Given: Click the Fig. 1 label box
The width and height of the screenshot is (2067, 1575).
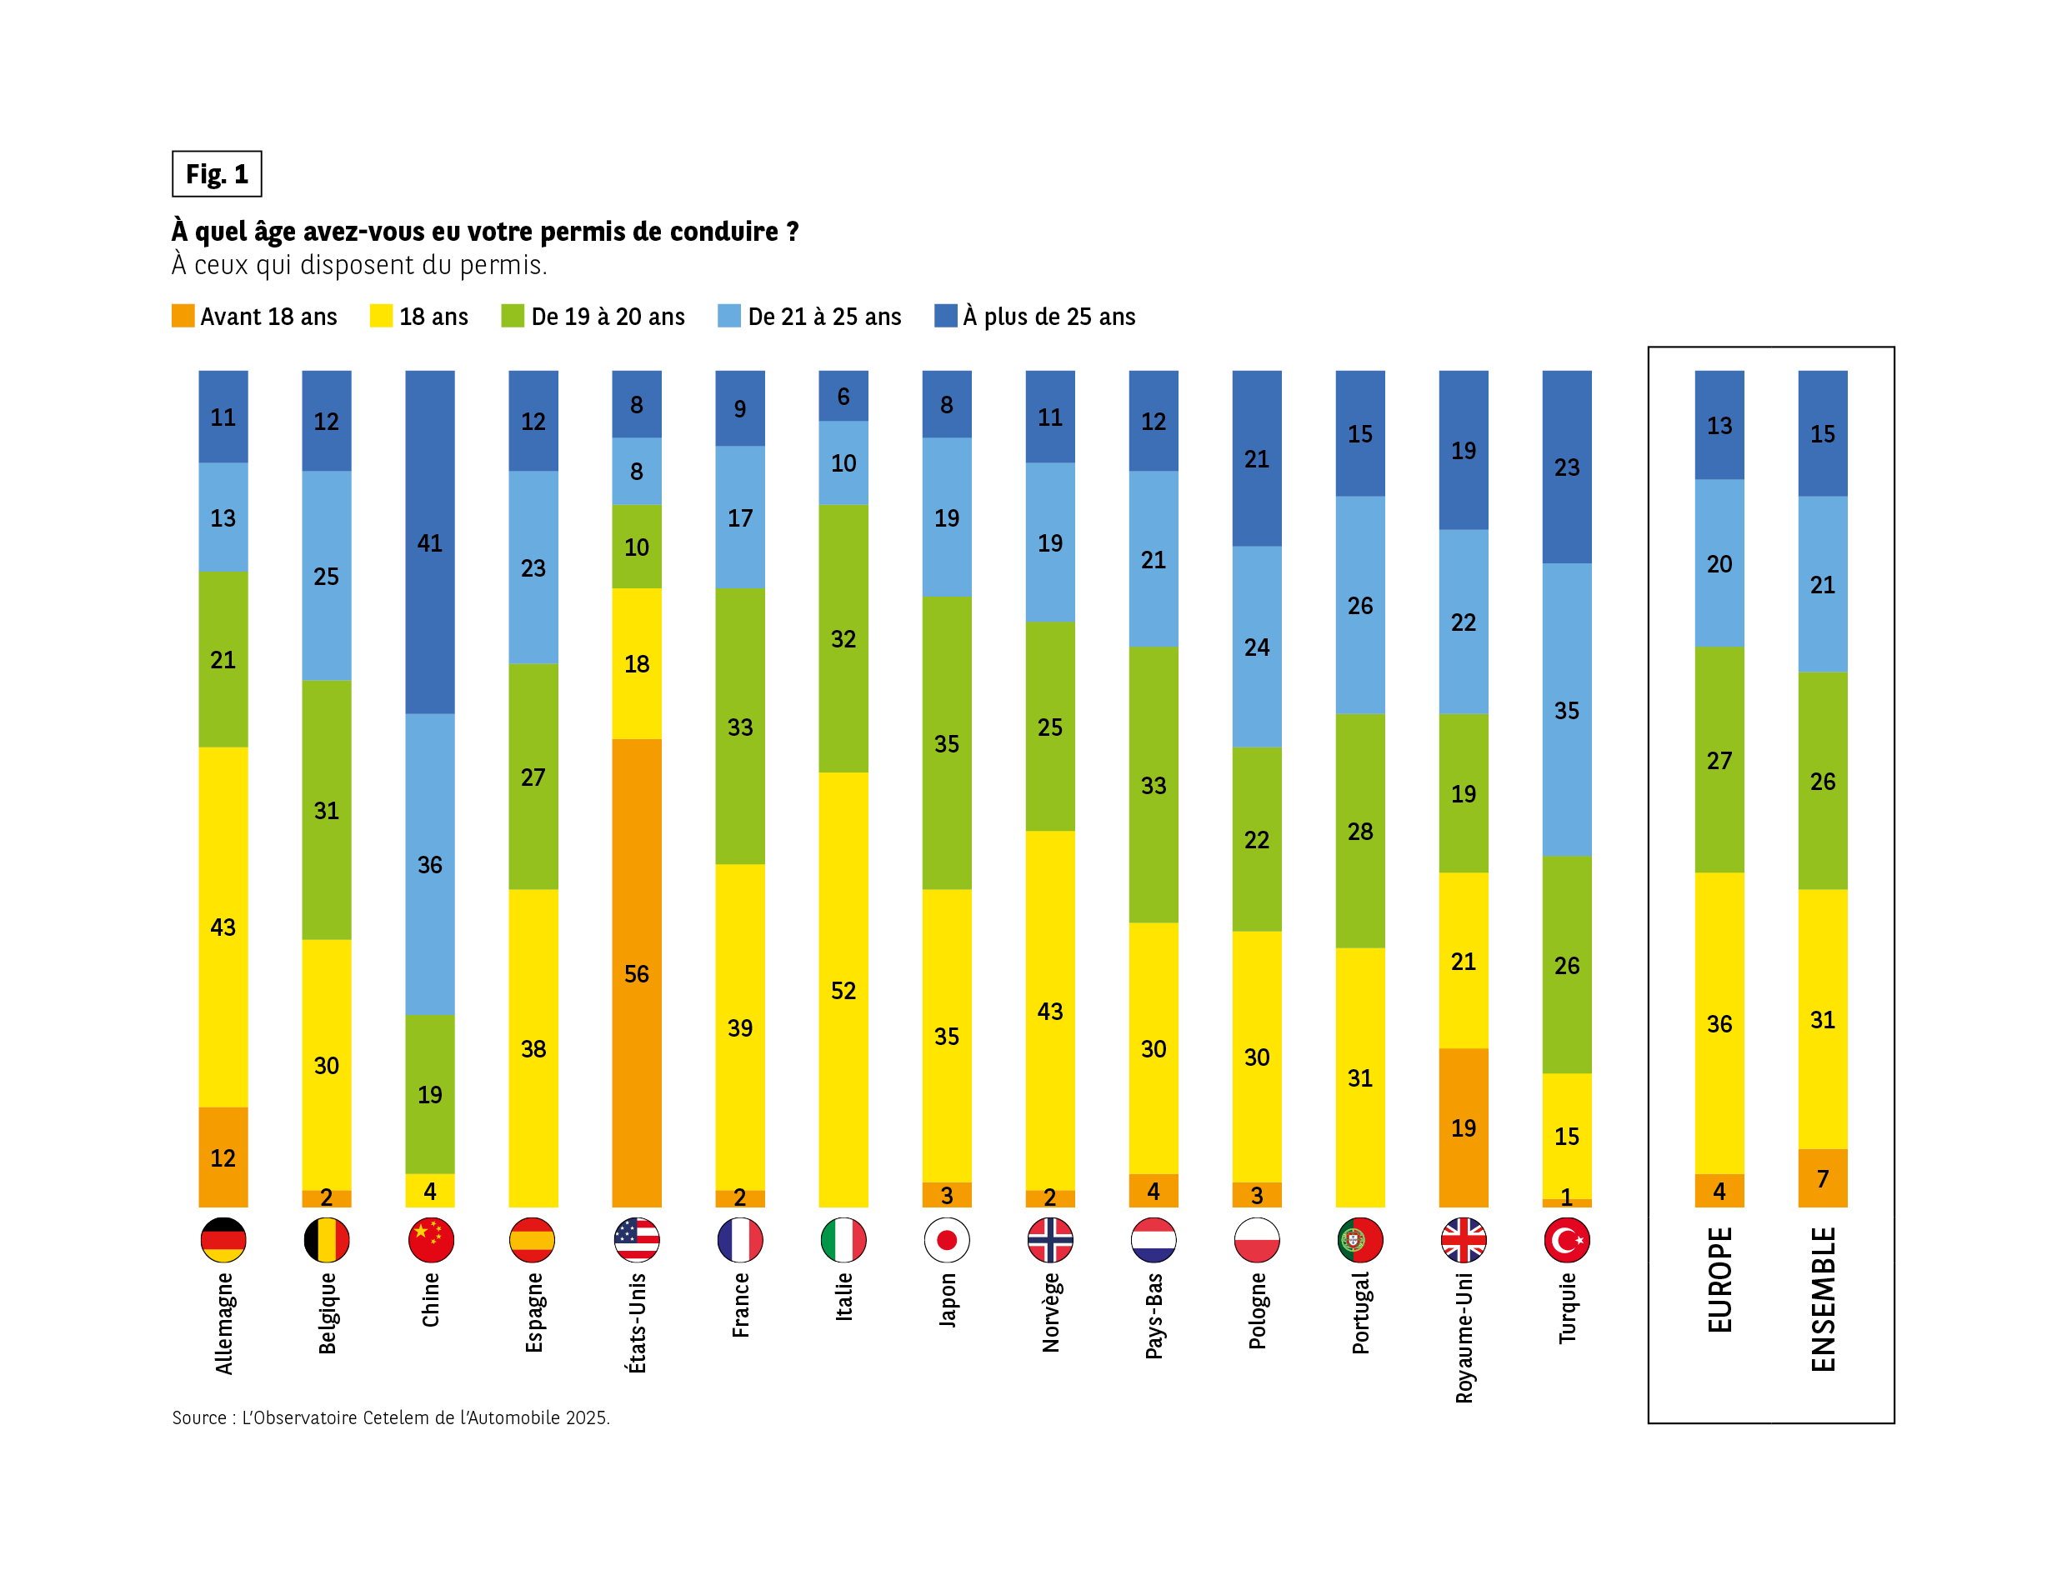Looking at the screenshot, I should click(x=217, y=173).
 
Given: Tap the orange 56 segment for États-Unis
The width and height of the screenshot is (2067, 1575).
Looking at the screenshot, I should click(x=637, y=973).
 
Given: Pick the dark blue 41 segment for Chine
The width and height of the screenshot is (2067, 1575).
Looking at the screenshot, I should click(x=429, y=542).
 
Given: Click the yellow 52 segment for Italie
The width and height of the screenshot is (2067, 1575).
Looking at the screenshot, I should click(x=843, y=990).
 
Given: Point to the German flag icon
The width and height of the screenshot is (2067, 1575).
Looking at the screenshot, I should click(x=223, y=1240).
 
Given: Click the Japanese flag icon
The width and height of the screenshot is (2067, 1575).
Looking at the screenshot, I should click(x=947, y=1240).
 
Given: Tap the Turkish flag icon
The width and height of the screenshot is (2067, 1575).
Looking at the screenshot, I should click(x=1566, y=1240).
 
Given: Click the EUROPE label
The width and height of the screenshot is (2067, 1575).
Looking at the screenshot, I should click(x=1719, y=1280).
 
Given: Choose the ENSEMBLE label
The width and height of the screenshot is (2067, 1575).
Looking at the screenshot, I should click(x=1822, y=1299).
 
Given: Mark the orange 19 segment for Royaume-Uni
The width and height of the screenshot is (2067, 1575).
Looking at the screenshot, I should click(x=1464, y=1127).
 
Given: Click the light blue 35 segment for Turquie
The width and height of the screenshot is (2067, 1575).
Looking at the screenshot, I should click(x=1566, y=710).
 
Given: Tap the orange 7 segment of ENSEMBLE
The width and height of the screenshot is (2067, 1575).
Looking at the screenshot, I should click(x=1822, y=1178).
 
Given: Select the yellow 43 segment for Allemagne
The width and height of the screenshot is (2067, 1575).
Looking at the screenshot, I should click(x=223, y=927).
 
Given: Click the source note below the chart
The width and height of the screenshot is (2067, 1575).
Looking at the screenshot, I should click(x=391, y=1417).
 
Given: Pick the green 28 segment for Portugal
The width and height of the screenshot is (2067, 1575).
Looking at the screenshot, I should click(x=1360, y=831).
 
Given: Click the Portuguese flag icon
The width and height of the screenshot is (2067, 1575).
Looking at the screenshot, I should click(x=1360, y=1240).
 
